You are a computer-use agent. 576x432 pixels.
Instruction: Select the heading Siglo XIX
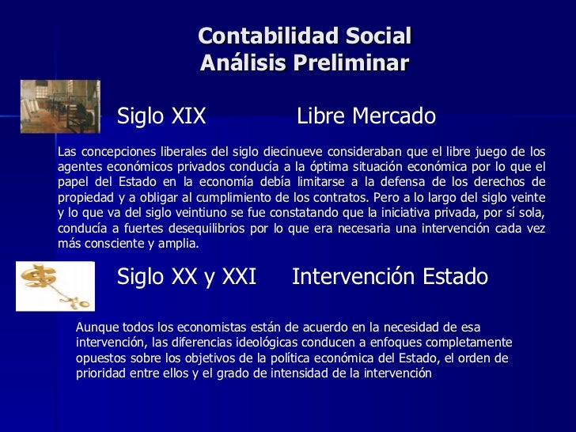coord(161,117)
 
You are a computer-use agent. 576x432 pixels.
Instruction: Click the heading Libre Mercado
coord(366,117)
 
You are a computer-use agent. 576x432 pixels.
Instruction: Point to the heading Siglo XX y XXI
coord(187,277)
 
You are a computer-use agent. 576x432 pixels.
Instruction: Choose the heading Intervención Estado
coord(389,277)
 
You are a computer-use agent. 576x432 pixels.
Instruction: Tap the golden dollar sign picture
coord(55,286)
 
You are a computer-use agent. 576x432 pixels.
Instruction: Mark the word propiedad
coord(85,198)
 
